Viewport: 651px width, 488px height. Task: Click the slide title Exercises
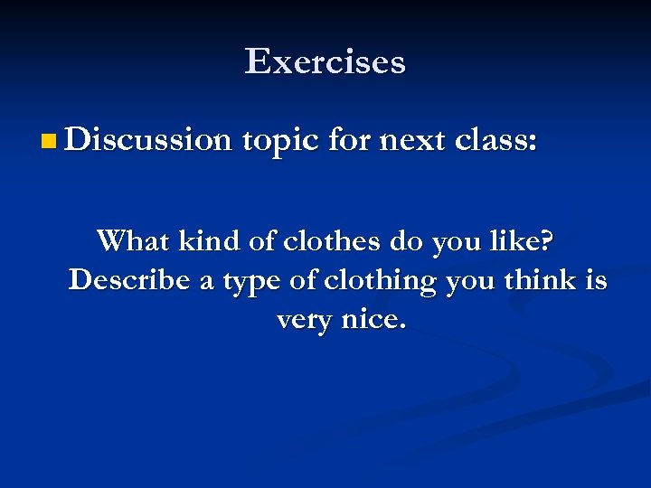(x=325, y=61)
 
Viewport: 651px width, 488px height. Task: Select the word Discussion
(x=149, y=140)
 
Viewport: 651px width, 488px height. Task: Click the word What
(x=134, y=241)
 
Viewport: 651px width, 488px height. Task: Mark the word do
(x=408, y=241)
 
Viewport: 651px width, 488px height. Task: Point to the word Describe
(x=129, y=280)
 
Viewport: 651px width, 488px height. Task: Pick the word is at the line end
(x=596, y=280)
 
